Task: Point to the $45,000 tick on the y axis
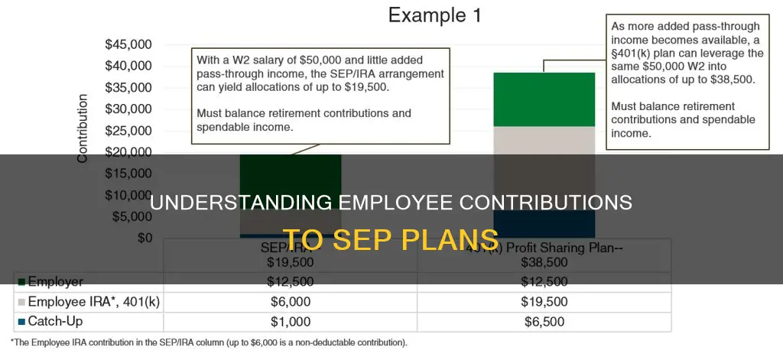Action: click(128, 44)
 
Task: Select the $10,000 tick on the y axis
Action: click(128, 195)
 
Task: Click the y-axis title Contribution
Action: click(83, 128)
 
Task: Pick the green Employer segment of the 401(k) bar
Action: click(544, 99)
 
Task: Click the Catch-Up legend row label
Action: click(54, 321)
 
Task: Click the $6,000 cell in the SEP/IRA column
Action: click(291, 302)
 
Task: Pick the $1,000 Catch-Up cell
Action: click(291, 321)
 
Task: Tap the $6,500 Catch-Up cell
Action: click(544, 321)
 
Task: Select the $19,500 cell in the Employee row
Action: click(544, 302)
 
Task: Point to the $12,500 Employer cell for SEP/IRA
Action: click(291, 282)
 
